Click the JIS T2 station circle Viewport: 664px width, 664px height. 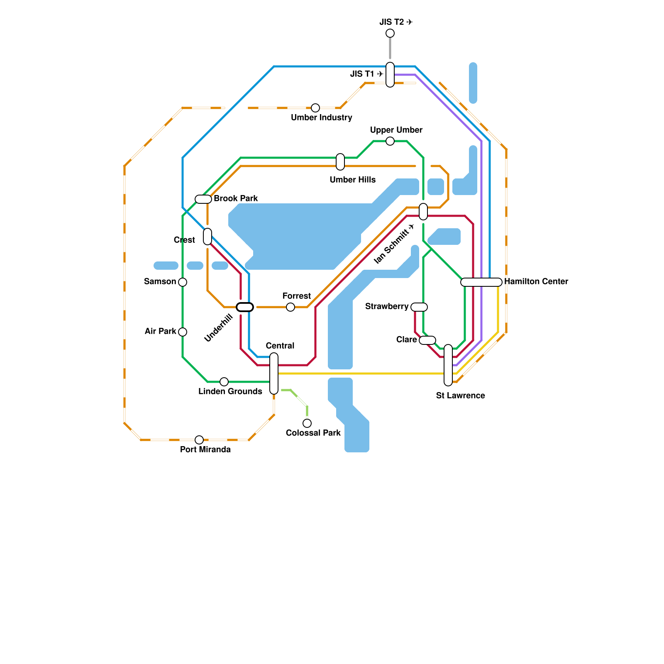pos(390,33)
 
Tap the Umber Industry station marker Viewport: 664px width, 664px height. pos(315,108)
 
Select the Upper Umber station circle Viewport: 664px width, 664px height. pos(390,141)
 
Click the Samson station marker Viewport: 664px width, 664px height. pos(183,282)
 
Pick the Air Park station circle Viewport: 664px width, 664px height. pos(183,332)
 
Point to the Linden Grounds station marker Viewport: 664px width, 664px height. pos(224,382)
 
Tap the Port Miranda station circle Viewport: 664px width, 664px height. pos(199,440)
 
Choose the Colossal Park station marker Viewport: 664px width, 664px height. pos(307,423)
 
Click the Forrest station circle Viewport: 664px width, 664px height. pos(290,307)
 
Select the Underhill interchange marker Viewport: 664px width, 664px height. pos(245,307)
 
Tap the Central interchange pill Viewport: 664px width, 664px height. pos(274,373)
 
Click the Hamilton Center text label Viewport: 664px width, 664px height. pos(536,281)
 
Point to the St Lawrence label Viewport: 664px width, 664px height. pos(460,395)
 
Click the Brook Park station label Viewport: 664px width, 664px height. pos(236,198)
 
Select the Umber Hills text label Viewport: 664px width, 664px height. pos(352,180)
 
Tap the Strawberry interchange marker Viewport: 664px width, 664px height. pos(419,307)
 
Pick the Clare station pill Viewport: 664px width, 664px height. pos(427,340)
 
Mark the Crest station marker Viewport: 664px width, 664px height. pos(207,237)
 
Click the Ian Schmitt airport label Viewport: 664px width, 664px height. pos(394,244)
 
